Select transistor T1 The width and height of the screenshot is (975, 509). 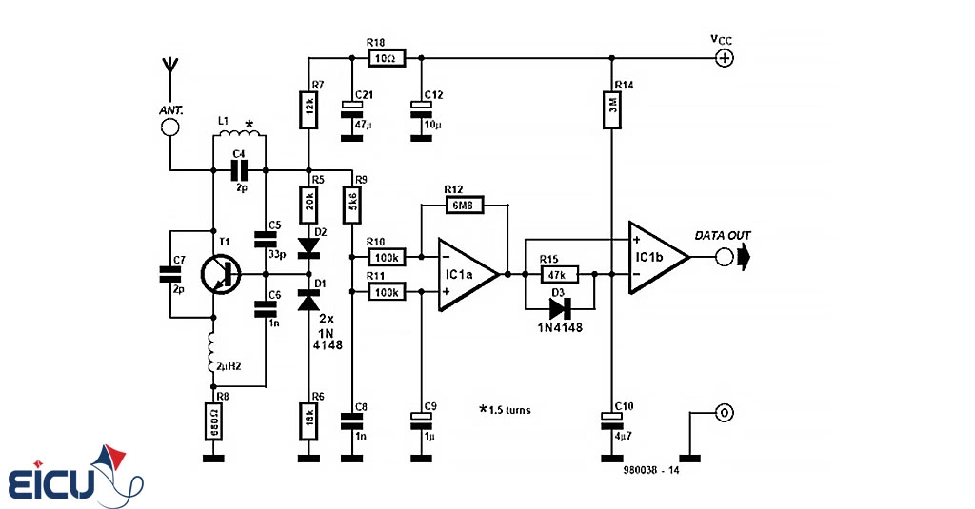click(x=223, y=274)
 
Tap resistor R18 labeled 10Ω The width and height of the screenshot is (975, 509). click(x=386, y=58)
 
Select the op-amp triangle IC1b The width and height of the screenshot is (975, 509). click(x=656, y=257)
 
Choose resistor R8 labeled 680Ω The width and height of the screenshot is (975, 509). click(x=214, y=421)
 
